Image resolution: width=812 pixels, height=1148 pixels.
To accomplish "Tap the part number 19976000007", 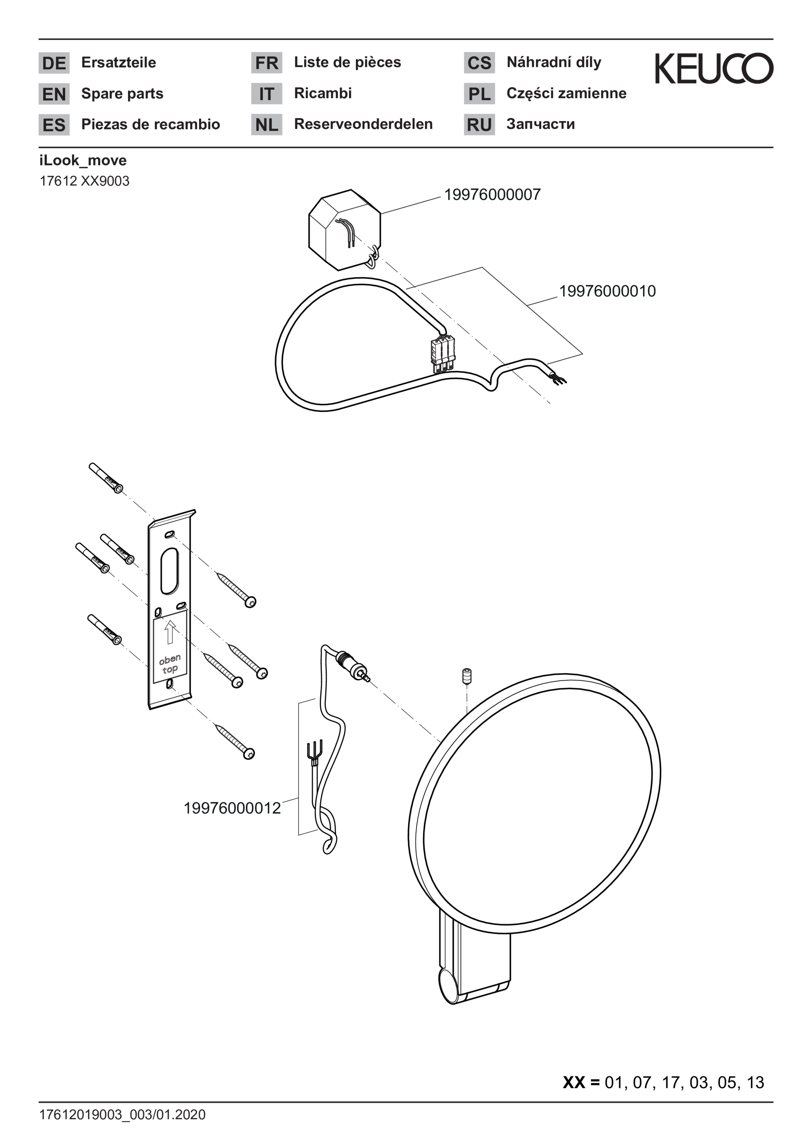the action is click(492, 194).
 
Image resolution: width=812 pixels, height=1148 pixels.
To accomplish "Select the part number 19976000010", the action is click(607, 291).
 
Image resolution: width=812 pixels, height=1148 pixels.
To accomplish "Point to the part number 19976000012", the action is click(232, 808).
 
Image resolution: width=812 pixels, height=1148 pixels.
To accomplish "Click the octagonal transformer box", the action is click(344, 229).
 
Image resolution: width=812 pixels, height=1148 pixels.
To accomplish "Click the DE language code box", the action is click(54, 63).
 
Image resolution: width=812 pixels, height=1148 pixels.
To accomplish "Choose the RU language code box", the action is click(479, 124).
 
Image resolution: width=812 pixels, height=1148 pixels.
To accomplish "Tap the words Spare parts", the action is click(122, 94).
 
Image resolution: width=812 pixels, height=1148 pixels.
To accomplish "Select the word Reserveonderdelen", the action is click(363, 124).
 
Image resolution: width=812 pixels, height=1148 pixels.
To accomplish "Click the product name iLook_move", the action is click(83, 161).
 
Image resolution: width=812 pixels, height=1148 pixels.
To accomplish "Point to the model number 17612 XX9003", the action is click(85, 181).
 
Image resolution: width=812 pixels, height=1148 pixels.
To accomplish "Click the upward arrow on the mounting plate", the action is click(170, 632).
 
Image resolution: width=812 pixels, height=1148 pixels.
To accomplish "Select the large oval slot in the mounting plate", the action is click(169, 571).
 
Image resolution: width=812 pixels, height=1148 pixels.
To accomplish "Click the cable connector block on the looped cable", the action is click(442, 355).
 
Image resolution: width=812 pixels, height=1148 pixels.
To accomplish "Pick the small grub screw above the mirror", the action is click(467, 677).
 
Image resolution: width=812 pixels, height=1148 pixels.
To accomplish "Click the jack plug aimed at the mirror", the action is click(353, 666).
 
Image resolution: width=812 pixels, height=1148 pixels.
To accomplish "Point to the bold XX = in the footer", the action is click(581, 1083).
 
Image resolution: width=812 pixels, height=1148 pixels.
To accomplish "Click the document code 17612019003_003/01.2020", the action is click(122, 1115).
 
